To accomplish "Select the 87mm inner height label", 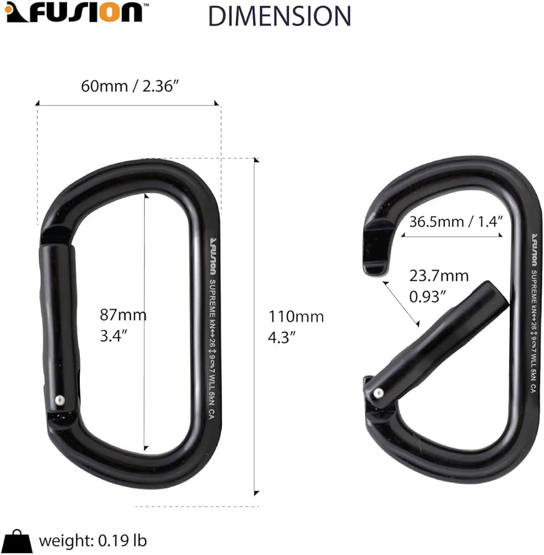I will click(123, 315).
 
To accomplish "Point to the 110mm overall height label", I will click(296, 317).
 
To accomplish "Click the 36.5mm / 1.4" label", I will click(456, 221).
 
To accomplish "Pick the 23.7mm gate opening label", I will click(439, 275).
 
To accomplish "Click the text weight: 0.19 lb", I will click(93, 540).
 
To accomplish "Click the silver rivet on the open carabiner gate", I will click(377, 392).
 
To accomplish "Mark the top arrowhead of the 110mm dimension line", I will click(256, 160).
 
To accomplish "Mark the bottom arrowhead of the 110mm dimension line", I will click(256, 492).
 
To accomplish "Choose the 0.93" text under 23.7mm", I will click(428, 296).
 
